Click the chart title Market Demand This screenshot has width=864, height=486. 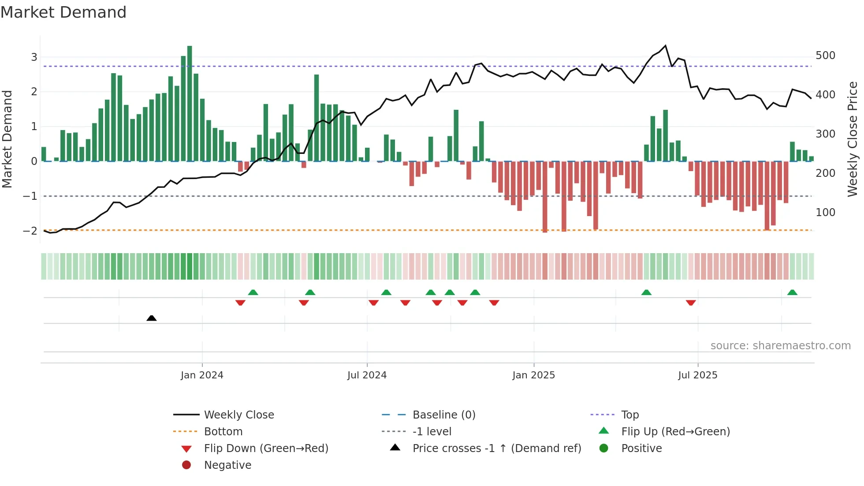[x=63, y=12]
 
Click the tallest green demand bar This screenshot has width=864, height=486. [x=190, y=104]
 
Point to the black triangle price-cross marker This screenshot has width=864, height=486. [x=152, y=318]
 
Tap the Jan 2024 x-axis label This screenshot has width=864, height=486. [x=202, y=375]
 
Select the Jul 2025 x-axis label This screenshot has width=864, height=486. [x=698, y=375]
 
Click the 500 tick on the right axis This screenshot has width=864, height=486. [x=825, y=56]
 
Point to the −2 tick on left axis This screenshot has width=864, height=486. [x=30, y=231]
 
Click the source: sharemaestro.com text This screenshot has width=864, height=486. [x=780, y=346]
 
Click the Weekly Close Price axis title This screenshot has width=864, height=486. [x=853, y=139]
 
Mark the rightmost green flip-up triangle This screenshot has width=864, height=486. [x=792, y=292]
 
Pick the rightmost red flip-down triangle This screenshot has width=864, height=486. [x=691, y=303]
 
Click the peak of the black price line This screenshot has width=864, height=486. [x=665, y=46]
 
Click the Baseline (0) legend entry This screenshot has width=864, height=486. [x=443, y=415]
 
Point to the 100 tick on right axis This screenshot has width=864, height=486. [x=825, y=213]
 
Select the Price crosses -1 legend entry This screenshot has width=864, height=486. [x=496, y=449]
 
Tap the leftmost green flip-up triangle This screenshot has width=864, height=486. [x=253, y=292]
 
